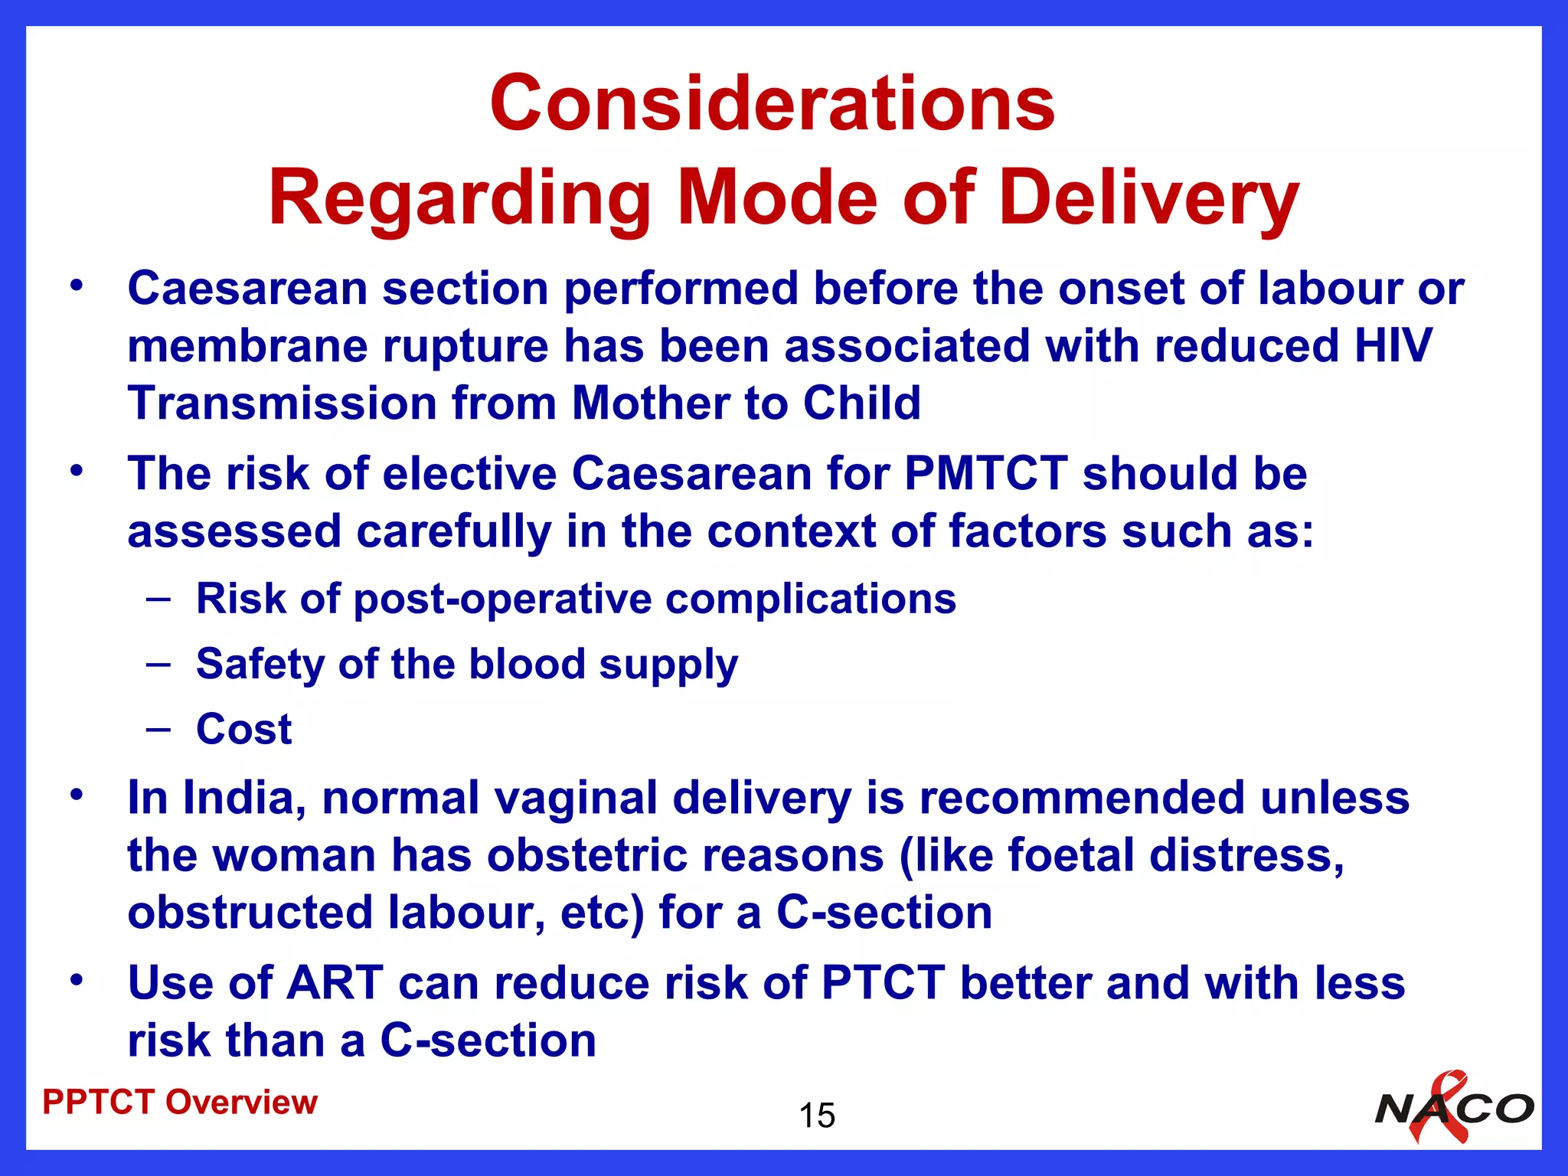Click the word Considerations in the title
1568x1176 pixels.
point(773,103)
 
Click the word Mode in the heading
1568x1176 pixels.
point(776,198)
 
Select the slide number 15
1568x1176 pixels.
point(817,1116)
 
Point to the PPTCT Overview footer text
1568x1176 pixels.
point(180,1102)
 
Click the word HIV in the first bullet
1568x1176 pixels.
point(1393,345)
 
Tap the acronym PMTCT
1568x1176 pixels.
point(985,473)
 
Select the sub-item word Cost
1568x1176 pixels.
point(244,729)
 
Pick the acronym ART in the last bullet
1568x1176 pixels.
point(334,982)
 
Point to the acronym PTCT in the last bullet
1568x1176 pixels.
point(883,982)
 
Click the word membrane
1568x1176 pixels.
point(247,345)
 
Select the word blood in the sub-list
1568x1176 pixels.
point(528,663)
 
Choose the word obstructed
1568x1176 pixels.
point(250,913)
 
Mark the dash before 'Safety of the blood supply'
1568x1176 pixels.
point(158,663)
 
